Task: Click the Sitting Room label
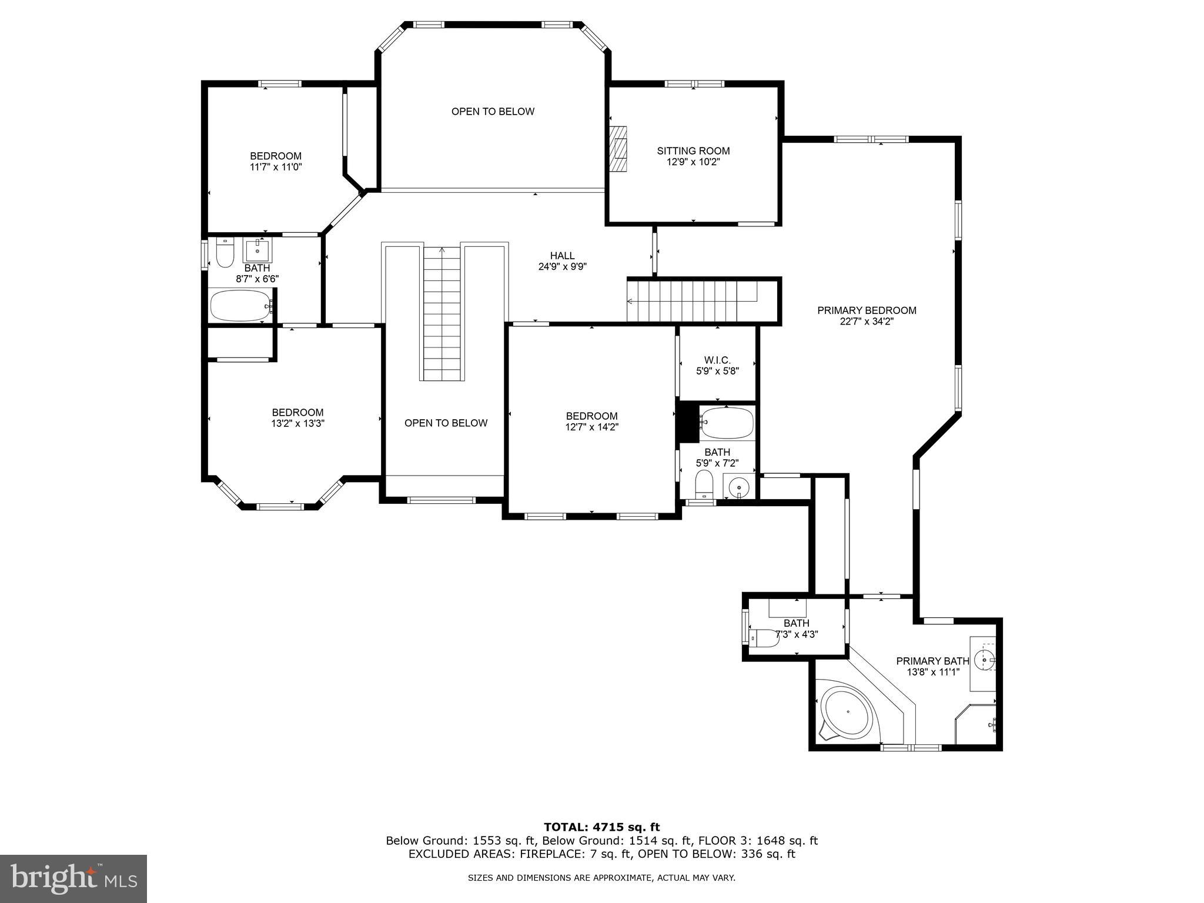coord(693,151)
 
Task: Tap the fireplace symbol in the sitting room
coord(618,149)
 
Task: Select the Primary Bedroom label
coord(867,310)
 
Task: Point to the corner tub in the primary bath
coord(847,713)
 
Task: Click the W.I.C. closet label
coord(717,360)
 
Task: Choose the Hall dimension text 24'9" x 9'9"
coord(563,266)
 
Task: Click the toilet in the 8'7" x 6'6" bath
coord(225,252)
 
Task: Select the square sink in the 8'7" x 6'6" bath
coord(257,251)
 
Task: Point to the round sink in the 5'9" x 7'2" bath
coord(738,488)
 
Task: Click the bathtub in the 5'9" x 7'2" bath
coord(727,423)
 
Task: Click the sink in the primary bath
coord(985,660)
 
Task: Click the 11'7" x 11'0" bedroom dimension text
coord(276,167)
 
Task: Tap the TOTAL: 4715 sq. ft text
coord(602,828)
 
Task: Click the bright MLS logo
coord(73,878)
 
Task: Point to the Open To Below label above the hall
coord(493,112)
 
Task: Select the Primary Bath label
coord(932,661)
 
